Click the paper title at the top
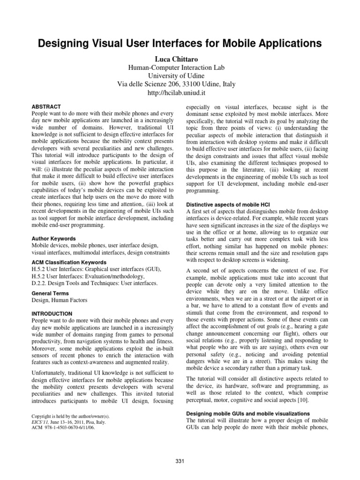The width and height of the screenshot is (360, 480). (x=180, y=44)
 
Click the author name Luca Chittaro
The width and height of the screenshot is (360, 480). (x=180, y=58)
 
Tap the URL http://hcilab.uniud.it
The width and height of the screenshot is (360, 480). (x=180, y=93)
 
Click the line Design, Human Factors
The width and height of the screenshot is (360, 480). (x=59, y=300)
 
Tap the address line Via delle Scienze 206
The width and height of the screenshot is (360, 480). (x=180, y=84)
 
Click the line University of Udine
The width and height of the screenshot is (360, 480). (x=180, y=75)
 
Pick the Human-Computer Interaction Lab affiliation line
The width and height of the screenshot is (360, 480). (x=180, y=67)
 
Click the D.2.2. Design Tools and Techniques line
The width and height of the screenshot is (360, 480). (x=94, y=283)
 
